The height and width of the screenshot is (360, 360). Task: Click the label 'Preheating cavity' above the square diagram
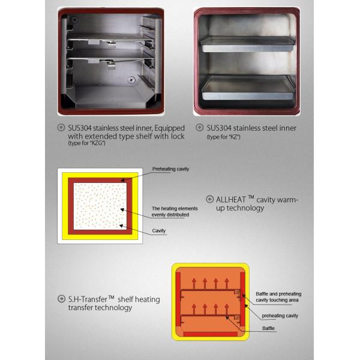(170, 169)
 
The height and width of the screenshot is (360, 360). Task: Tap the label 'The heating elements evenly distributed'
(170, 211)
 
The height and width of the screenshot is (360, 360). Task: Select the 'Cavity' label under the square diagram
(159, 230)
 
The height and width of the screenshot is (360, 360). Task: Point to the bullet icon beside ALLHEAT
(209, 199)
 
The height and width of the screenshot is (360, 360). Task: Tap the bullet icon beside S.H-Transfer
(61, 299)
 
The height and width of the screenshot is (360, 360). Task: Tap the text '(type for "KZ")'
(223, 137)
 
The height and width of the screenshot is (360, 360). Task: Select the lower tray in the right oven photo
(247, 87)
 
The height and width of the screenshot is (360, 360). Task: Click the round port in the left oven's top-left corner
(75, 20)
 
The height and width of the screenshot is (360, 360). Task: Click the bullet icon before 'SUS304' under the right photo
(200, 128)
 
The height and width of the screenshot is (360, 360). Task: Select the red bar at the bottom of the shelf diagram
(210, 333)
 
